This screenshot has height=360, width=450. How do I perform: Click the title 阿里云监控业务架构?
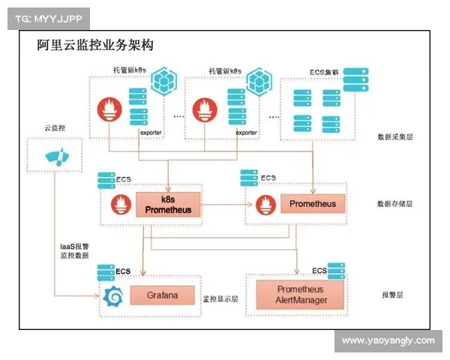[95, 45]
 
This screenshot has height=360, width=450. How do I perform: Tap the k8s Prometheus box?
[169, 204]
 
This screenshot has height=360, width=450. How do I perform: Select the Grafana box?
[162, 295]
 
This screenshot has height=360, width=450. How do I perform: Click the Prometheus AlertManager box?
[300, 295]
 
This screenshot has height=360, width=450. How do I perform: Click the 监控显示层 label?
[220, 298]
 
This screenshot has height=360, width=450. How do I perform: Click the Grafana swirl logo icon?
[112, 297]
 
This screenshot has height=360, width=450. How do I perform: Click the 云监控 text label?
[55, 128]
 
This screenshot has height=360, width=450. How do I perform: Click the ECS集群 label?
[324, 73]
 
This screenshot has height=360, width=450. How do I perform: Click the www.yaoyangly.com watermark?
[388, 340]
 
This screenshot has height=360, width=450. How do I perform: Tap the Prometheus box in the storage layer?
[313, 204]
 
